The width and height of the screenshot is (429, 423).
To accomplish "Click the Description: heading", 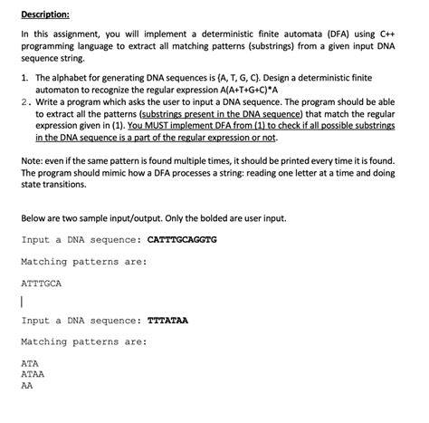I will (45, 14).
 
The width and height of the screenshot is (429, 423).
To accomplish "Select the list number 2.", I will (25, 101).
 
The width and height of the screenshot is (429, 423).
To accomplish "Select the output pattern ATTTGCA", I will (41, 284).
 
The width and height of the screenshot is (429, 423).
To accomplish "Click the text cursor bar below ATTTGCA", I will (23, 303).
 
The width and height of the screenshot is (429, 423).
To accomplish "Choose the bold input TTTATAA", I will (167, 320).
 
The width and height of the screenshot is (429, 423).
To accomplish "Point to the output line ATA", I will (31, 363).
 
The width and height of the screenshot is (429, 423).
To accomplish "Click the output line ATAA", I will (33, 373).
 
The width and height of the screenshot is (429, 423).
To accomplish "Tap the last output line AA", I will (27, 384).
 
